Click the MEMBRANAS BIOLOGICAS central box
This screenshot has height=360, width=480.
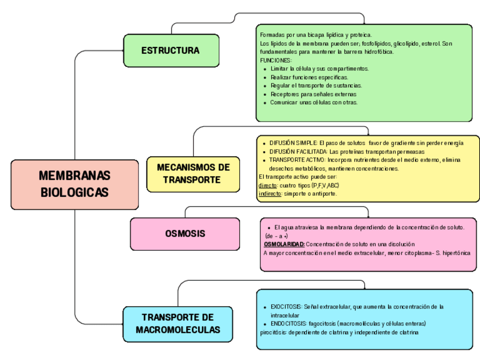pos(75,184)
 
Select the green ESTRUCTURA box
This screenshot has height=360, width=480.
pos(171,51)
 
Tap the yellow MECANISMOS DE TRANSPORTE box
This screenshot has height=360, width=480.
pos(193,174)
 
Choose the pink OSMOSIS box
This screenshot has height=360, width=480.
pos(185,233)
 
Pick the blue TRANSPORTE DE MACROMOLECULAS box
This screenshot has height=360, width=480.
pos(178,324)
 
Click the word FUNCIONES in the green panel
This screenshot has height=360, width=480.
pos(276,60)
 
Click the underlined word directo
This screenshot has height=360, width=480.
pos(267,185)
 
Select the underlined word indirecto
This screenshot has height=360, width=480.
pos(269,194)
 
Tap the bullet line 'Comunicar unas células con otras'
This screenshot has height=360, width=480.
pos(314,102)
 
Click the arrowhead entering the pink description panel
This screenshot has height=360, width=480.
pos(368,216)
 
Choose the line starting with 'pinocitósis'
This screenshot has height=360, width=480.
pos(338,332)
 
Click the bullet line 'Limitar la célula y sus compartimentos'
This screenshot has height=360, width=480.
pos(319,68)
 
